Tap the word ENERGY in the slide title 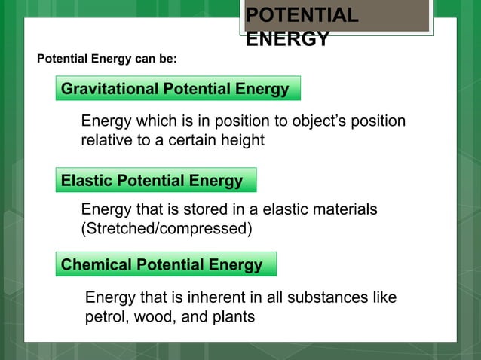287,39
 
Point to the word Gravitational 108,89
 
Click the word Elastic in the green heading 85,181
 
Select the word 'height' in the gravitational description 242,140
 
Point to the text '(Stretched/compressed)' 166,227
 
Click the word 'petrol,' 106,316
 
